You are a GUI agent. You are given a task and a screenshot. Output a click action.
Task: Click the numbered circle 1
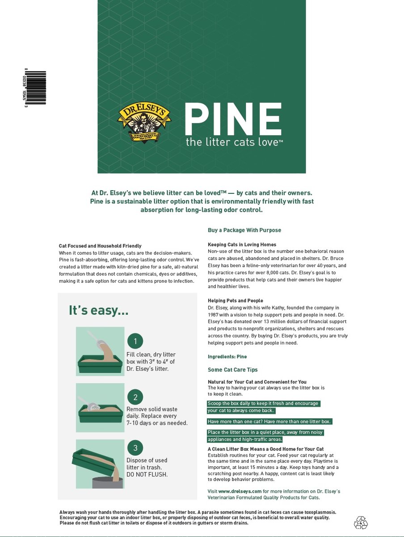tap(135, 342)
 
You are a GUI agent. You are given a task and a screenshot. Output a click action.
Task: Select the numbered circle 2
tap(135, 397)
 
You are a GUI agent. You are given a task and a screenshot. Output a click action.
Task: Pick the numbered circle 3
tap(135, 448)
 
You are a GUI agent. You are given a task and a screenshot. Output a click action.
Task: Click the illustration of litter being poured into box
tap(100, 351)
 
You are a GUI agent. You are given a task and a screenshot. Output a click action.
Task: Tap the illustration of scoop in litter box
tap(100, 407)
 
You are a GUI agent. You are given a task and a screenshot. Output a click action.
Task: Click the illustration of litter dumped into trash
tap(100, 464)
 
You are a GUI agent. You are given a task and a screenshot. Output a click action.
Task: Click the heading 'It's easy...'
tap(98, 310)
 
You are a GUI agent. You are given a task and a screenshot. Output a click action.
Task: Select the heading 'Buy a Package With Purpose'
tap(244, 230)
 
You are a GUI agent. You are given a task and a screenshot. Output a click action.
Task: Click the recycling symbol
tap(361, 522)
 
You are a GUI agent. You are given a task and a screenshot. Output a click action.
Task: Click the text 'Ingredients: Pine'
tap(227, 357)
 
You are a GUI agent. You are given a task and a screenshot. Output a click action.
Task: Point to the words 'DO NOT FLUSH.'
tap(147, 474)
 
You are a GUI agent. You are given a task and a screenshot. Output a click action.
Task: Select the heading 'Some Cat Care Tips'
tap(232, 370)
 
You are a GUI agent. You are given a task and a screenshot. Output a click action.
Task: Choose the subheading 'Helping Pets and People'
tap(235, 301)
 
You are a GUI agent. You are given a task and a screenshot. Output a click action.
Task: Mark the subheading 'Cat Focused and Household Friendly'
tap(100, 246)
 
